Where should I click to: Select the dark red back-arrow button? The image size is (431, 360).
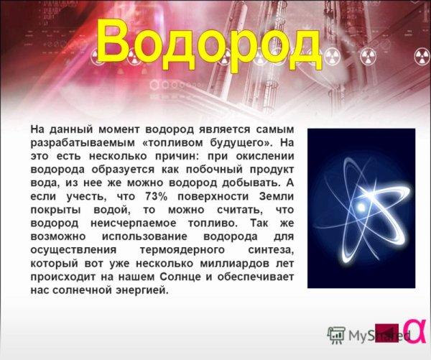387,331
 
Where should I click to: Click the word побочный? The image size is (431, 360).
210,169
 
